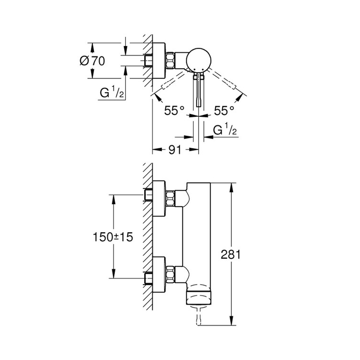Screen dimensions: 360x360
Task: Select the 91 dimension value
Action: (175, 150)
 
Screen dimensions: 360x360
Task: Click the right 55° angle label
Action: (224, 111)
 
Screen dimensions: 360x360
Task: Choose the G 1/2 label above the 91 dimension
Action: (225, 130)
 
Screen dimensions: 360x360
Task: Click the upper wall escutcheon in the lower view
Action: (159, 198)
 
